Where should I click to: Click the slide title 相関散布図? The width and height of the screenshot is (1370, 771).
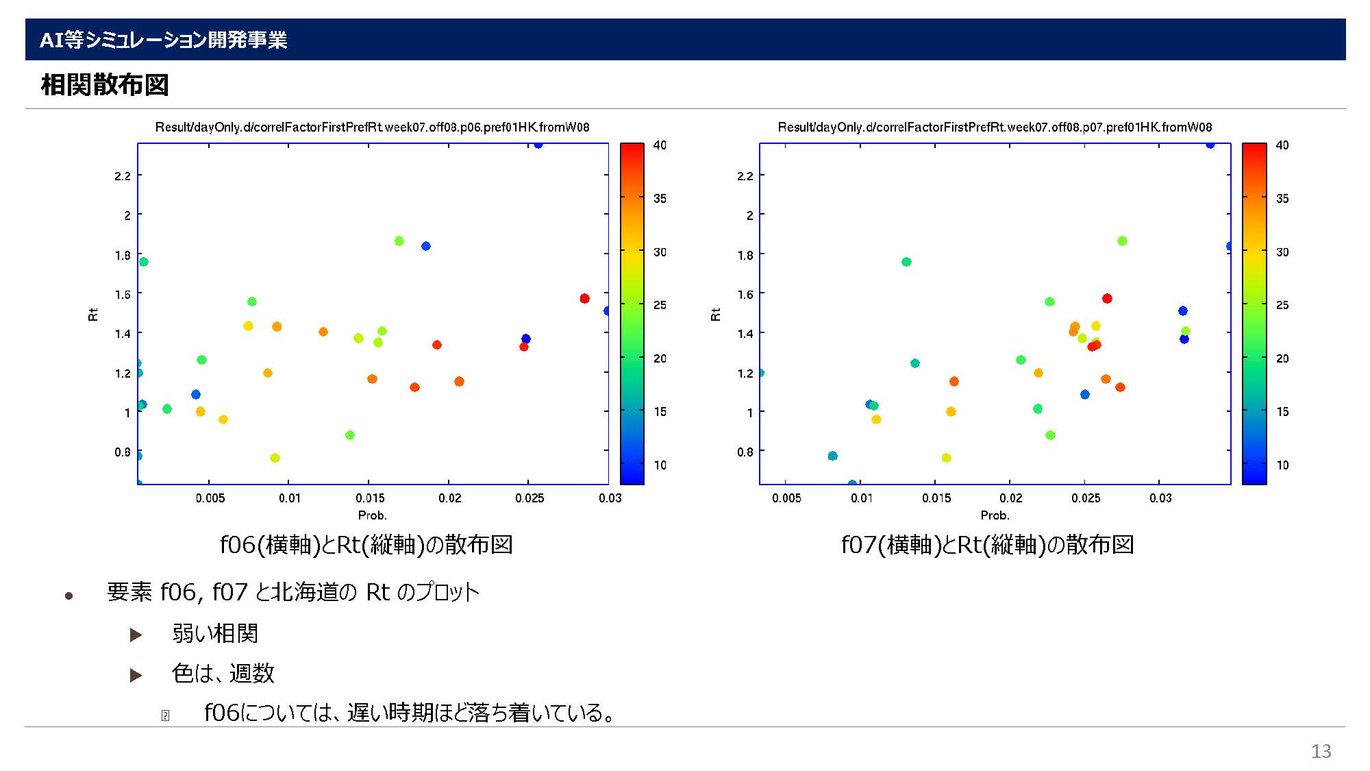pyautogui.click(x=105, y=85)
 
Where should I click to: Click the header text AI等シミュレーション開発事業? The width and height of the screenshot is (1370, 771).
pyautogui.click(x=163, y=40)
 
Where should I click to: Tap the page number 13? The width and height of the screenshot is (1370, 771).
pyautogui.click(x=1321, y=751)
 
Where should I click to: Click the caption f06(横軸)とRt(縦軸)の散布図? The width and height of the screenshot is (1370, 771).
pyautogui.click(x=366, y=545)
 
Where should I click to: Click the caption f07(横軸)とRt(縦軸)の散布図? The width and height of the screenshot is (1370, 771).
pyautogui.click(x=987, y=545)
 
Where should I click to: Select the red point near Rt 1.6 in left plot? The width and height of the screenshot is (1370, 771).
pyautogui.click(x=584, y=298)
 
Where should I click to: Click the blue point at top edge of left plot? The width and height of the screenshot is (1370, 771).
pyautogui.click(x=538, y=144)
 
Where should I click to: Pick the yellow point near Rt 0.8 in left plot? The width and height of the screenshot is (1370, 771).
pyautogui.click(x=275, y=458)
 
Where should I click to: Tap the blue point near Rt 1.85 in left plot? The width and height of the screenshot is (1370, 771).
pyautogui.click(x=426, y=246)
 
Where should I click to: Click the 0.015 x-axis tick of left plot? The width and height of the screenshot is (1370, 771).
pyautogui.click(x=370, y=498)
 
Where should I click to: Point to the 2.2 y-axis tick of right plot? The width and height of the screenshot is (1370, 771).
pyautogui.click(x=745, y=175)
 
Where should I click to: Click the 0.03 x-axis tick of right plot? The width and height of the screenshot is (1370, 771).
pyautogui.click(x=1160, y=498)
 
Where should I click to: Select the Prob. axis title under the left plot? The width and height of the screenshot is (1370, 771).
pyautogui.click(x=372, y=515)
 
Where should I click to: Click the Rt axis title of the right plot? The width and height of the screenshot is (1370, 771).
pyautogui.click(x=715, y=314)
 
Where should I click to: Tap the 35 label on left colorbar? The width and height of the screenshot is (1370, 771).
pyautogui.click(x=660, y=199)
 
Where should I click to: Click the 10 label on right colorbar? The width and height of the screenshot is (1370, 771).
pyautogui.click(x=1282, y=465)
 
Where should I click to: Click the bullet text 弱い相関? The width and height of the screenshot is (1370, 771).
pyautogui.click(x=215, y=633)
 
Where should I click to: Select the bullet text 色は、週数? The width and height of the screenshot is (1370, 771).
pyautogui.click(x=223, y=673)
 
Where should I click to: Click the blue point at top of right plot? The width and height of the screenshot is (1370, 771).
pyautogui.click(x=1210, y=144)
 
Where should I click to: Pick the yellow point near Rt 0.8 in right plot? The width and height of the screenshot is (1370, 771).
pyautogui.click(x=946, y=458)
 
